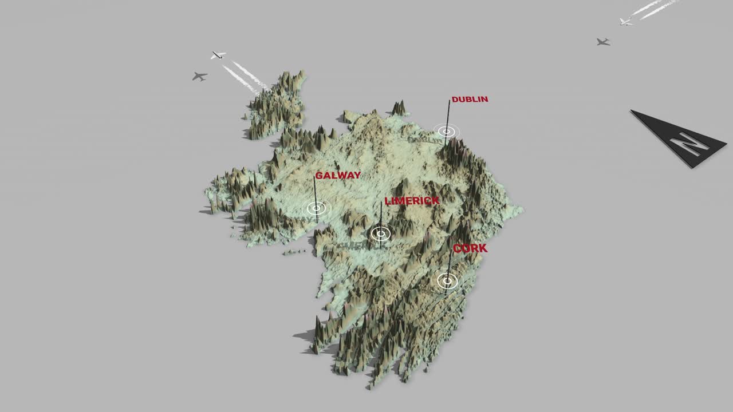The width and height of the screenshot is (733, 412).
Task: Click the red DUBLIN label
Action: [470, 100]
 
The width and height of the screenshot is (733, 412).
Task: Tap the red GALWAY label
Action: [338, 176]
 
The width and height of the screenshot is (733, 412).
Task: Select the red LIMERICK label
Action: [412, 201]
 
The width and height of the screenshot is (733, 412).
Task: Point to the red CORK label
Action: [470, 248]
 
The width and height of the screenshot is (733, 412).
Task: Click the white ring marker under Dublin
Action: [447, 132]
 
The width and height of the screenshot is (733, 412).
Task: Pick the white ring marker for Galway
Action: [316, 208]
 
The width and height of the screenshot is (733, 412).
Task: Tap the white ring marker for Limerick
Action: [380, 233]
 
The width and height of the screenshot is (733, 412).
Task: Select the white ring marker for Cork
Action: [447, 280]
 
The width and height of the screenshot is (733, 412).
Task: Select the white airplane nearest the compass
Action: [625, 22]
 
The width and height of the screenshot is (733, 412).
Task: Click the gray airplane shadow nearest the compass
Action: [602, 42]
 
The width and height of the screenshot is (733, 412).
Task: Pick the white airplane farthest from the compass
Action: [218, 55]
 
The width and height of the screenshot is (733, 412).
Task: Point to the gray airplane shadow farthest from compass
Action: [199, 76]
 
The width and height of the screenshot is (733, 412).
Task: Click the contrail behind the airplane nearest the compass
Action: [653, 8]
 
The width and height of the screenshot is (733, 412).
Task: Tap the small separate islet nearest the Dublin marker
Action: [399, 108]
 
